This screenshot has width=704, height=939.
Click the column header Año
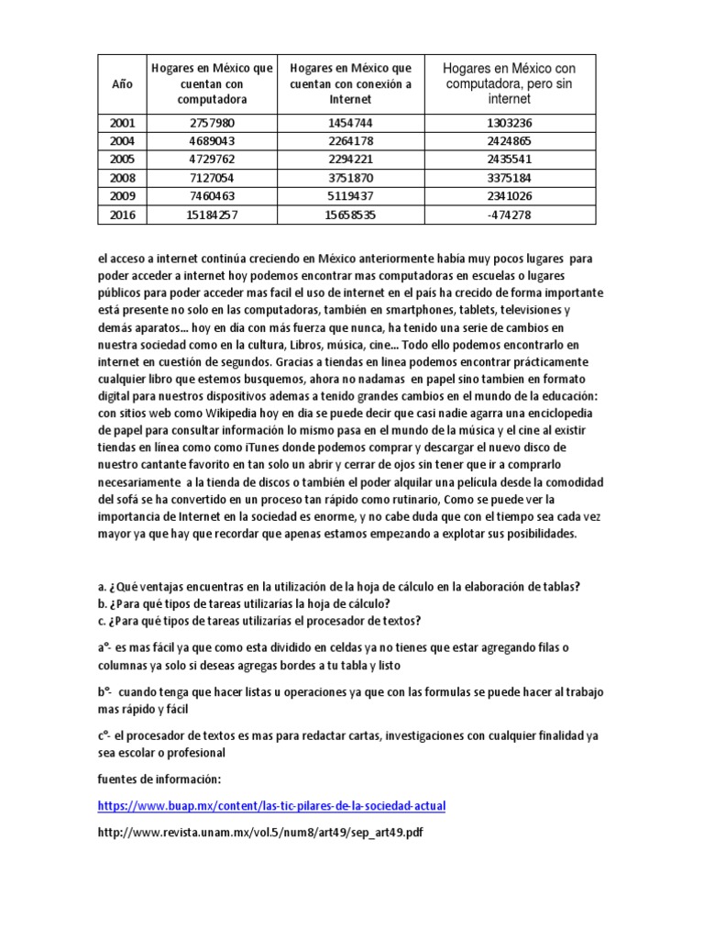[x=121, y=83]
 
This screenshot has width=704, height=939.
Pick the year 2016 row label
[x=121, y=215]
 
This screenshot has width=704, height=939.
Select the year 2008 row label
[x=121, y=178]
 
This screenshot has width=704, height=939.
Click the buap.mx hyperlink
[x=270, y=806]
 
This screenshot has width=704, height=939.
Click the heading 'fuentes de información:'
[x=159, y=779]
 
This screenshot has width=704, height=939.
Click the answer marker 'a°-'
[x=108, y=647]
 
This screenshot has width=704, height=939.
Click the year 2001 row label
[x=121, y=124]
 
